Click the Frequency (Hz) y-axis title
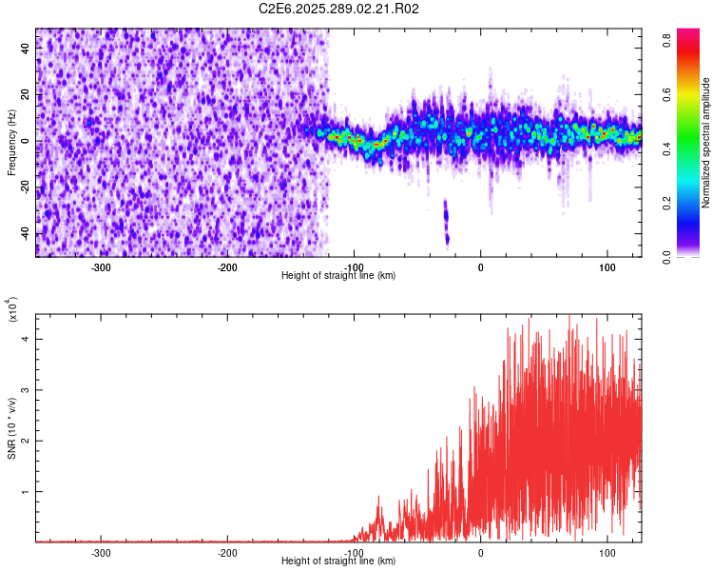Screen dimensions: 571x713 pyautogui.click(x=11, y=142)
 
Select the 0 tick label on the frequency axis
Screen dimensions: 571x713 pyautogui.click(x=27, y=141)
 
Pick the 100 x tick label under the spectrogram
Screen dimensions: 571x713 pyautogui.click(x=607, y=266)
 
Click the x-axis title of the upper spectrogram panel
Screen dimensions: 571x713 pyautogui.click(x=338, y=275)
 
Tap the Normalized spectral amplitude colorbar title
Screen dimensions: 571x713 pyautogui.click(x=706, y=142)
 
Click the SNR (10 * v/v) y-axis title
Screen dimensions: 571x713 pyautogui.click(x=11, y=429)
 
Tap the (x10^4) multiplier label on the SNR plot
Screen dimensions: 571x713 pyautogui.click(x=13, y=308)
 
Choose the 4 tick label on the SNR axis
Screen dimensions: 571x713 pyautogui.click(x=27, y=338)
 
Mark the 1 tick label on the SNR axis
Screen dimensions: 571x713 pyautogui.click(x=27, y=492)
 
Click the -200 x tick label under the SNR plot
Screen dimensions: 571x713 pyautogui.click(x=227, y=552)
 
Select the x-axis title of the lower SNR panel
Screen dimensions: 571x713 pyautogui.click(x=338, y=561)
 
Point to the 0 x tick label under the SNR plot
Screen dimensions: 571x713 pyautogui.click(x=480, y=552)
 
